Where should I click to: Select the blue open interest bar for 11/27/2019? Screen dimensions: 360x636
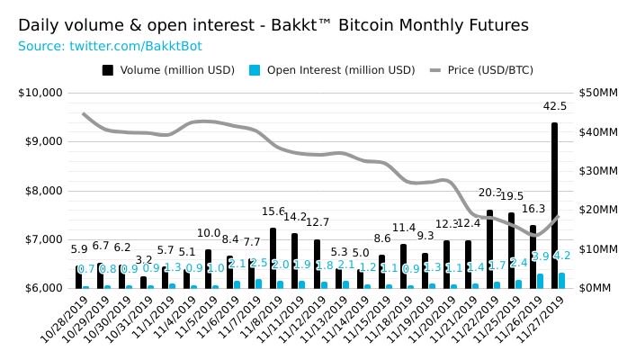pos(562,280)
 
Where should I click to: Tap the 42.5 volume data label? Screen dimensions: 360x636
pos(554,106)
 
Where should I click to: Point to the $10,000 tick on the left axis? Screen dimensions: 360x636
pos(40,92)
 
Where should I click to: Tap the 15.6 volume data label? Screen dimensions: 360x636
pos(273,211)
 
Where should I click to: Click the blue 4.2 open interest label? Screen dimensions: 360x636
pos(563,255)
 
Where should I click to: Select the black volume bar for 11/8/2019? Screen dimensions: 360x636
pos(273,257)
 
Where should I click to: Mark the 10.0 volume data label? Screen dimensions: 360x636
pos(209,233)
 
